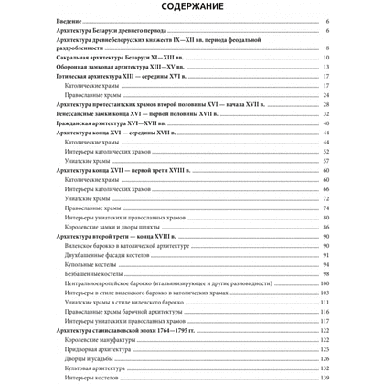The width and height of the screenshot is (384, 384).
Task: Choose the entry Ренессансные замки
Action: coord(137,144)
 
